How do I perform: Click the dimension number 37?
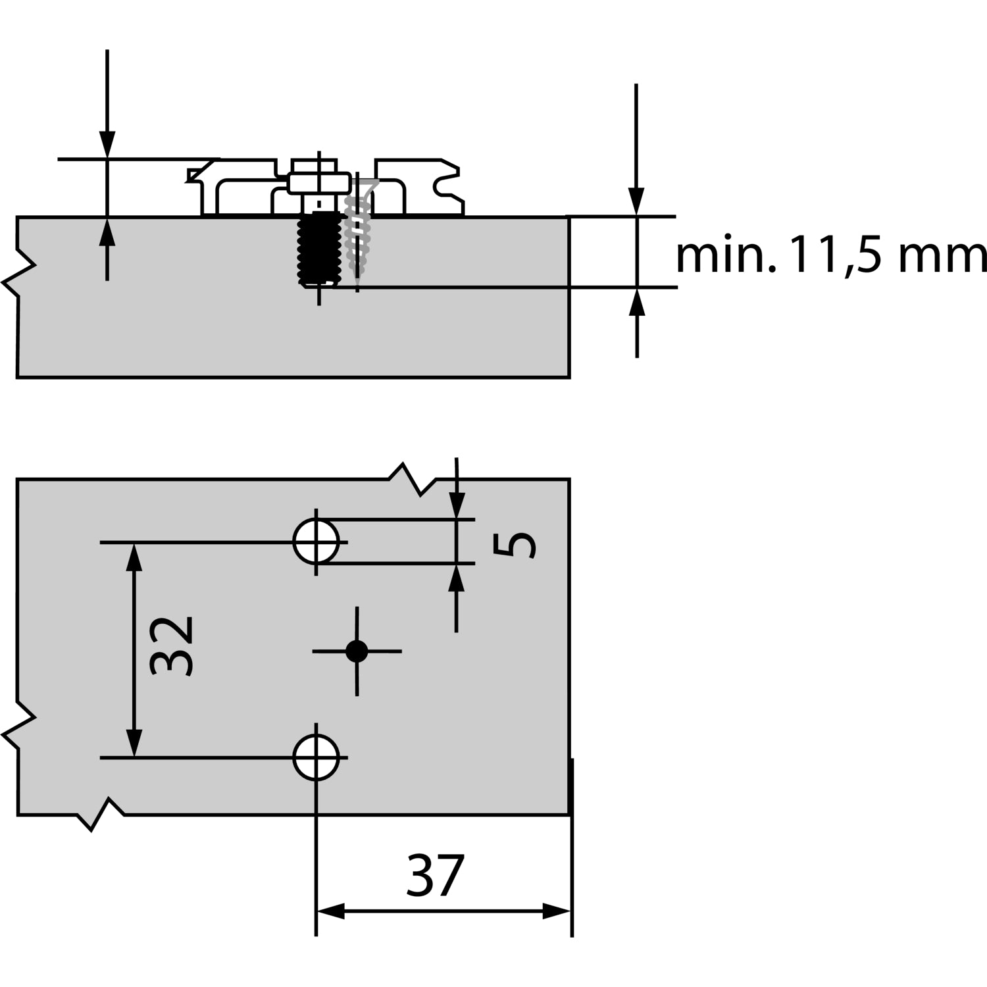pos(436,876)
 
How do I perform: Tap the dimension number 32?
pos(172,646)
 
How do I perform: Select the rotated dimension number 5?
pos(515,545)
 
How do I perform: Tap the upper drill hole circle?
pos(316,542)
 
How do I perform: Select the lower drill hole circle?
pos(316,757)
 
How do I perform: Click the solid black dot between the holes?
pos(357,651)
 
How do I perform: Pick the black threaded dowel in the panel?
pos(319,248)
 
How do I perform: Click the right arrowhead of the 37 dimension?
pos(556,912)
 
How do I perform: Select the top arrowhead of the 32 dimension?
pos(134,557)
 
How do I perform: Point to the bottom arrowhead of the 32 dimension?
pos(134,744)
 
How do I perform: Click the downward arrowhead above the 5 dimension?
pos(457,505)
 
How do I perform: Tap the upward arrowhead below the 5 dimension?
pos(457,578)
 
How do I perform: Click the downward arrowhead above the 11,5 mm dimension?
pos(636,201)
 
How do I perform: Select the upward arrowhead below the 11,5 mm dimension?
pos(636,301)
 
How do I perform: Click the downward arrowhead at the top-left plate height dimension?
pos(107,145)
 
